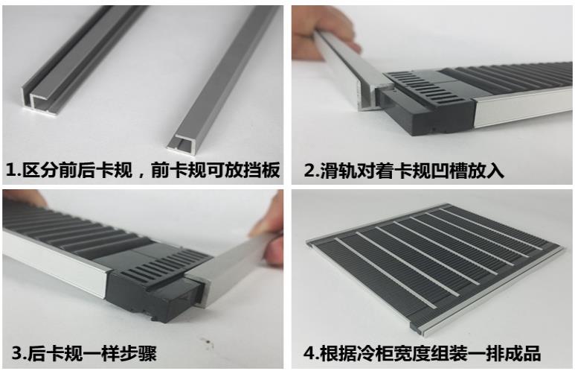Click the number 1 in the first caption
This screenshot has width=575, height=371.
(10, 170)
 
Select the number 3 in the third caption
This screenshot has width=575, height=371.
(17, 353)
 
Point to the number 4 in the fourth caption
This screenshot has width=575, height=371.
(309, 353)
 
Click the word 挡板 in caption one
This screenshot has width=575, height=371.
(262, 170)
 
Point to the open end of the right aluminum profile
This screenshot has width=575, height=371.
(182, 142)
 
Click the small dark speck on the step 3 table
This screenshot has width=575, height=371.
(210, 343)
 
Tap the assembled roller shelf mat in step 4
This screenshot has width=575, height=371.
(434, 265)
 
